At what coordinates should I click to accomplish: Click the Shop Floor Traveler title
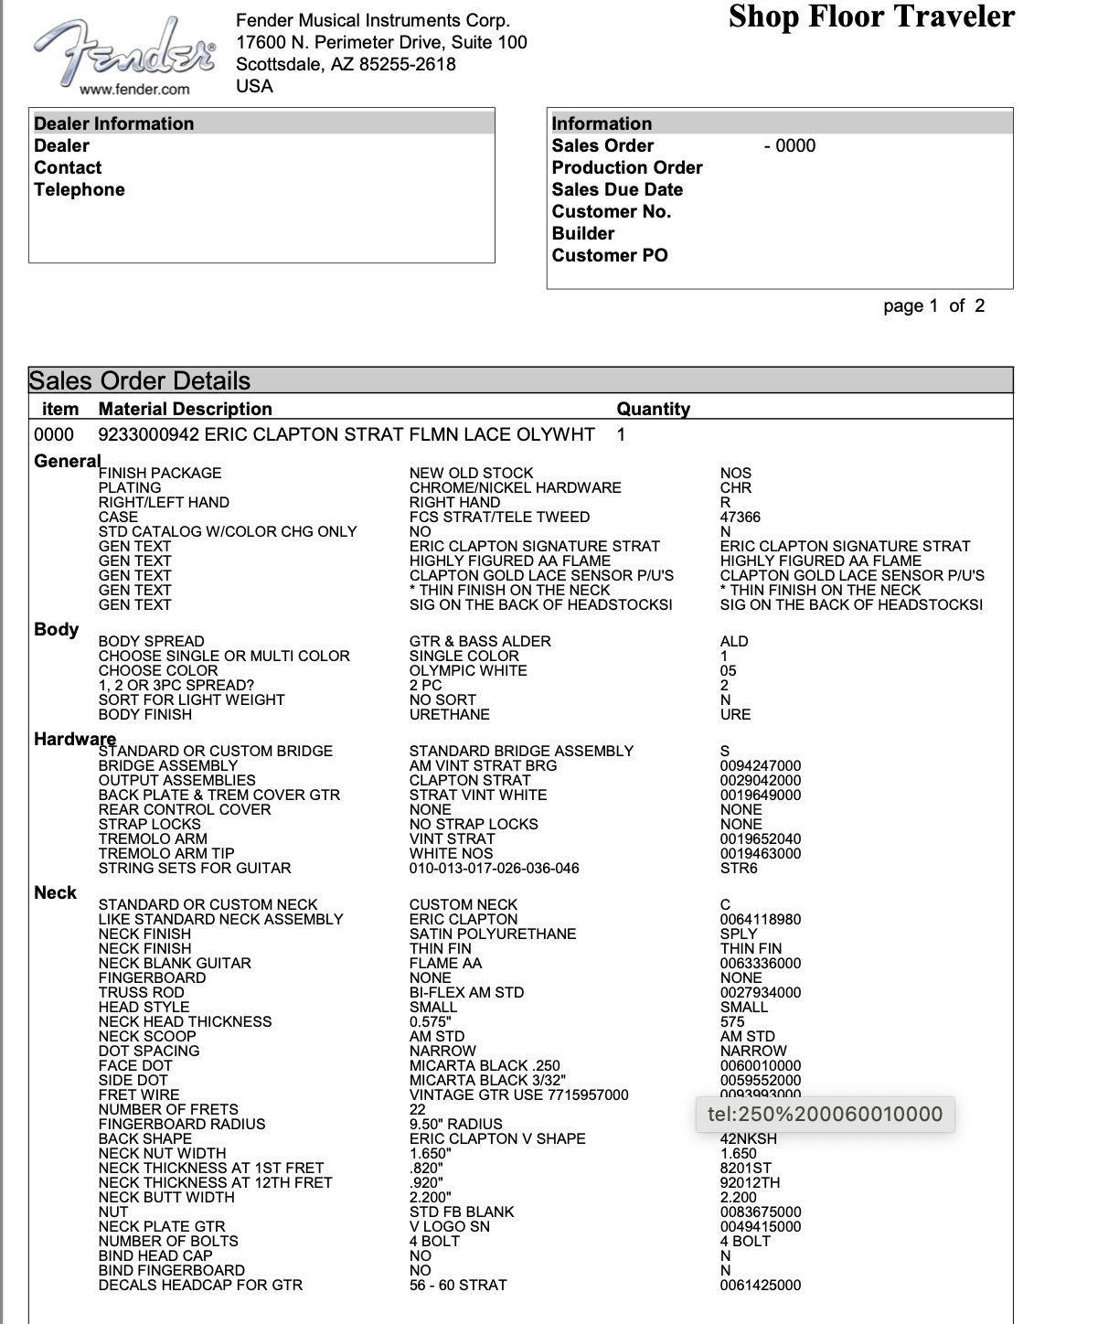tap(871, 17)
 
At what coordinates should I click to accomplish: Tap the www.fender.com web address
tap(134, 89)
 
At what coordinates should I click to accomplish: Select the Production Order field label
tap(626, 167)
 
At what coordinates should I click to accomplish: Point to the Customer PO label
tap(609, 255)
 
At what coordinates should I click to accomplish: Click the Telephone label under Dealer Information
tap(79, 189)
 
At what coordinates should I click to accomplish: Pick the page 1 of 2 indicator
tap(933, 305)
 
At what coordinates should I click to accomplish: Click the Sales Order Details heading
tap(140, 380)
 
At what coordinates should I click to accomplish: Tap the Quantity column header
tap(653, 409)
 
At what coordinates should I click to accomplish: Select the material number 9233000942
tap(148, 434)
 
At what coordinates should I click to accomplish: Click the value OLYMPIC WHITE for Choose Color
tap(467, 670)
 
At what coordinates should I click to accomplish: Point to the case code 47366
tap(740, 517)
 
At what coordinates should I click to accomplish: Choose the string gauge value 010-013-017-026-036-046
tap(494, 868)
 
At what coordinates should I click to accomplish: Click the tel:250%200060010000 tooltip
tap(825, 1114)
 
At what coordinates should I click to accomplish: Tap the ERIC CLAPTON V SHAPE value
tap(497, 1138)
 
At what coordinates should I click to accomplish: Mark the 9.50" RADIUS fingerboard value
tap(455, 1124)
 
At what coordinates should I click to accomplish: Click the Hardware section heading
tap(74, 738)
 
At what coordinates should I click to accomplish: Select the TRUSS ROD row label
tap(141, 992)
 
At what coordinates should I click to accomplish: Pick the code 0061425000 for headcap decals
tap(760, 1285)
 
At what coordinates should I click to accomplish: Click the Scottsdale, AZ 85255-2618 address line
tap(346, 64)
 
